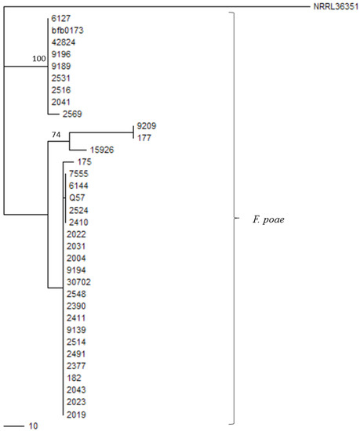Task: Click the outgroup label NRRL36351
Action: (x=336, y=6)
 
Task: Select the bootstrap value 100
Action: (x=39, y=59)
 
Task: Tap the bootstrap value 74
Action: (x=56, y=135)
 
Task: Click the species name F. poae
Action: (x=268, y=219)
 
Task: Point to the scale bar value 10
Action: (x=33, y=426)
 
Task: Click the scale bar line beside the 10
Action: (x=14, y=426)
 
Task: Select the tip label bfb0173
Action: (x=67, y=31)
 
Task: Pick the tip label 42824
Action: (x=64, y=42)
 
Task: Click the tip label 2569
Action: (x=72, y=114)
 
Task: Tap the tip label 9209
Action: (x=147, y=126)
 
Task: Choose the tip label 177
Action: (x=144, y=138)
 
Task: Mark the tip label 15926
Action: (x=102, y=150)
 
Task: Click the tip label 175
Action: (x=85, y=161)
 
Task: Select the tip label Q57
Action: (x=77, y=197)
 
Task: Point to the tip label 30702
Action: (x=78, y=282)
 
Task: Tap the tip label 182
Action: (x=74, y=378)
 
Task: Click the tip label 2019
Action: (x=76, y=415)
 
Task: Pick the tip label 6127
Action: (x=61, y=19)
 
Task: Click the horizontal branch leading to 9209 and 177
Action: (x=101, y=132)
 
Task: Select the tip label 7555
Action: (x=78, y=174)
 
